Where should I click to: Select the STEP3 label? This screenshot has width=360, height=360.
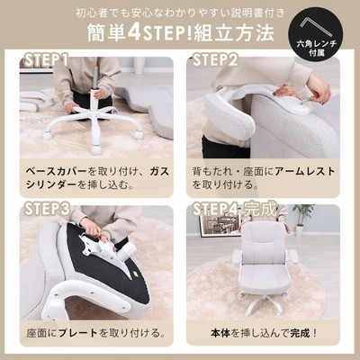point(47,209)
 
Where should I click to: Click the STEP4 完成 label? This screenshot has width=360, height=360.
point(235,209)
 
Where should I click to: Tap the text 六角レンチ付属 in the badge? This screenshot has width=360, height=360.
point(317,48)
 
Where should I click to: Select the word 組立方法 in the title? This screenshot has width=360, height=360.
point(234,32)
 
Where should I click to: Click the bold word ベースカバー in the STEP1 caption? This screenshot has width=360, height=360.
point(57,172)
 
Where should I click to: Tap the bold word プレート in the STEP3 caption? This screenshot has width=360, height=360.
point(78,333)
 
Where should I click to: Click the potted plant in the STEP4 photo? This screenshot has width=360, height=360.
point(302,220)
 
